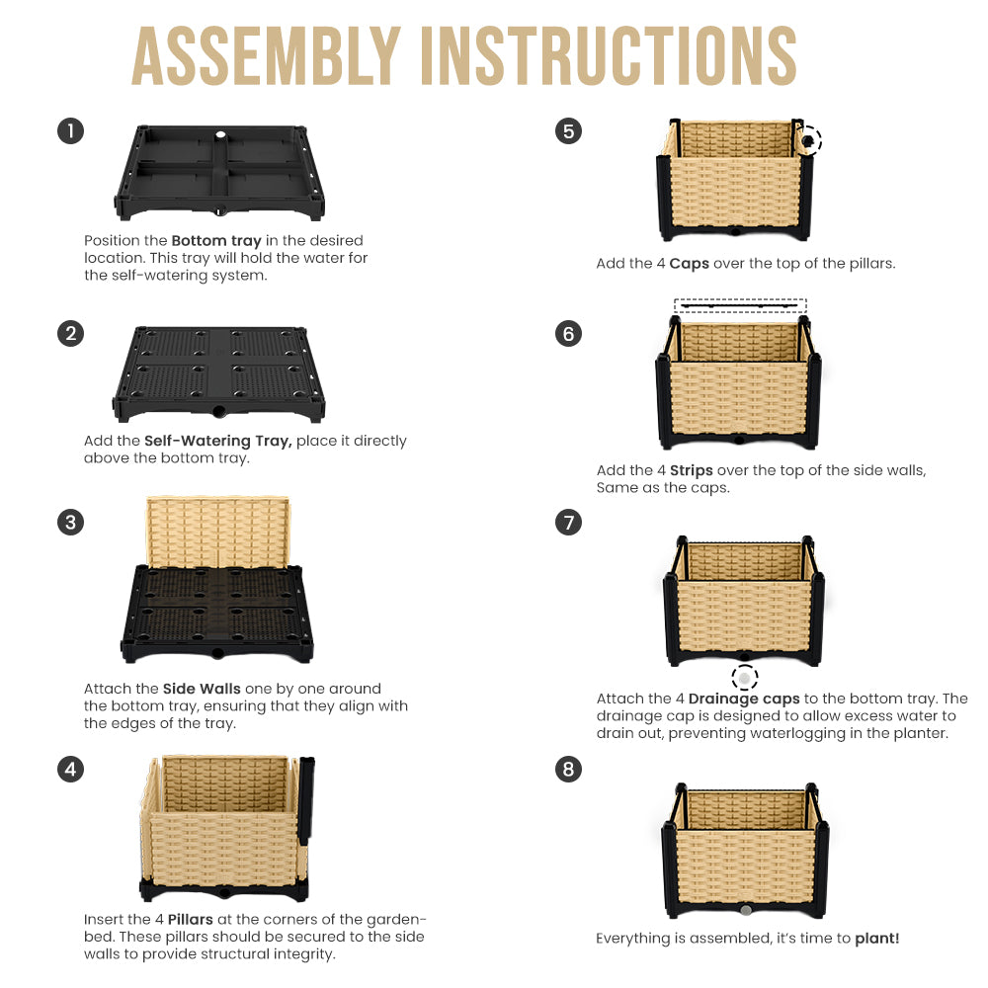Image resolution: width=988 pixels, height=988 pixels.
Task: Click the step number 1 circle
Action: pos(70,131)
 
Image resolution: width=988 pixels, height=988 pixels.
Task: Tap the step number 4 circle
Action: pos(70,770)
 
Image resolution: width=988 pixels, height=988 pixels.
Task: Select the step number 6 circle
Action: pos(568,333)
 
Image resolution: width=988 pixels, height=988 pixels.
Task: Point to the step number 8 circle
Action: pos(568,770)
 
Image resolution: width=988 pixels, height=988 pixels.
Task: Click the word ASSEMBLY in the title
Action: pos(266,56)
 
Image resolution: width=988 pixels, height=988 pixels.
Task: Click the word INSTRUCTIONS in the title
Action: pos(609,56)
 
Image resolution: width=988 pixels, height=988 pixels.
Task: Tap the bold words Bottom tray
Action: pos(216,241)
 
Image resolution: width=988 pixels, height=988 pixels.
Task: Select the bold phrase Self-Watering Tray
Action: pos(218,441)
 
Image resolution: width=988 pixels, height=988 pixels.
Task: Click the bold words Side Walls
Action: pos(202,689)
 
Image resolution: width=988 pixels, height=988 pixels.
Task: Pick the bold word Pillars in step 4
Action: pos(191,919)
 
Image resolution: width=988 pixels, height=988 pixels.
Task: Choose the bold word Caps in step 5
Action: pos(690,264)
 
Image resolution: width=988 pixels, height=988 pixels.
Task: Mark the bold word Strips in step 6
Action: pos(692,470)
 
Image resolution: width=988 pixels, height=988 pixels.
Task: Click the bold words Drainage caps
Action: pos(744,699)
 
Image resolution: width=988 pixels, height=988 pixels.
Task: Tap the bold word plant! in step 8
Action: pos(877,939)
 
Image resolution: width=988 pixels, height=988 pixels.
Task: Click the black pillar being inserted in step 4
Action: pos(306,800)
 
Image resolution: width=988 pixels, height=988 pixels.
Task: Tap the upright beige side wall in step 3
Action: pos(218,532)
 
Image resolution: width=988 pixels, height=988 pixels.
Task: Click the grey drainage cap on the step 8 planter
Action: pos(745,911)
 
